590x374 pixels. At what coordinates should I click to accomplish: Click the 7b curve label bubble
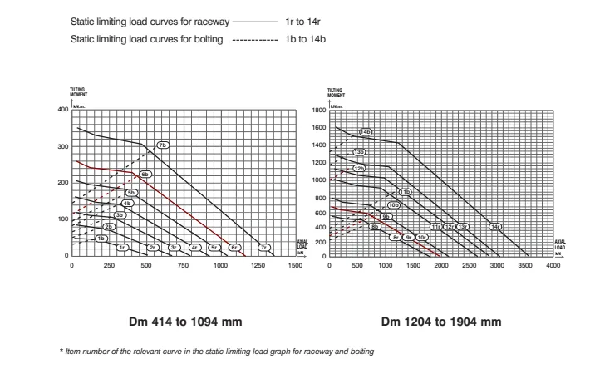[x=163, y=145]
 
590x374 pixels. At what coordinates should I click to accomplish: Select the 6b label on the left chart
[x=145, y=175]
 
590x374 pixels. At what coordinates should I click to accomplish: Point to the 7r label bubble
[x=263, y=248]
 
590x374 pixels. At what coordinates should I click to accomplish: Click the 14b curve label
[x=366, y=132]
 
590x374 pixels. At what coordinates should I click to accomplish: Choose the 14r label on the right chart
[x=495, y=227]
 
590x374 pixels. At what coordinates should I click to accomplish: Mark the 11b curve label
[x=405, y=192]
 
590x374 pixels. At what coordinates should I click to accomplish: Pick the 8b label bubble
[x=375, y=227]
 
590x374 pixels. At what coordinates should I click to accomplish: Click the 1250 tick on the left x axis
[x=258, y=265]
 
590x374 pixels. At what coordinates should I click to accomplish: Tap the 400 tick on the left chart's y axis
[x=62, y=110]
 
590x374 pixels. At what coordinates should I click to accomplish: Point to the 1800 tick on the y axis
[x=318, y=110]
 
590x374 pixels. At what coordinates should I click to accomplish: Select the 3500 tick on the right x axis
[x=525, y=265]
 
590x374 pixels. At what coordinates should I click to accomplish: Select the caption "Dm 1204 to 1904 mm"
[x=441, y=322]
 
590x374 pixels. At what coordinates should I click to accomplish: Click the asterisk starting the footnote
[x=61, y=352]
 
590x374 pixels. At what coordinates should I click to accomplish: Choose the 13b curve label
[x=359, y=152]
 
